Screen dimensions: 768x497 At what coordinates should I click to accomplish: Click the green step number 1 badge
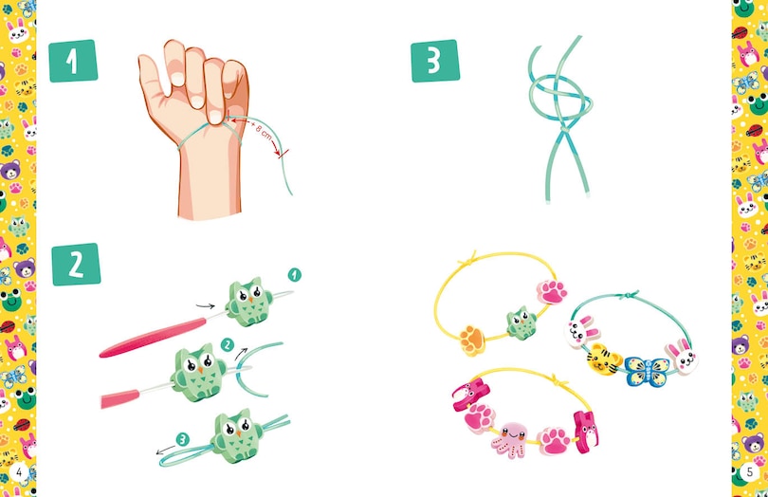pyautogui.click(x=73, y=61)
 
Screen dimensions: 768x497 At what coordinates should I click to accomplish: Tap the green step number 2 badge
pyautogui.click(x=76, y=265)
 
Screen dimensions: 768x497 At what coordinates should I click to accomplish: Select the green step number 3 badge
pyautogui.click(x=435, y=61)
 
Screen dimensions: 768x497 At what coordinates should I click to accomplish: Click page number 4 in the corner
pyautogui.click(x=19, y=472)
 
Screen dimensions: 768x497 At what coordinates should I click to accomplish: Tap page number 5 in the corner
pyautogui.click(x=749, y=472)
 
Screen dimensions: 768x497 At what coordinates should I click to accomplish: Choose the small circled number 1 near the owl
pyautogui.click(x=294, y=275)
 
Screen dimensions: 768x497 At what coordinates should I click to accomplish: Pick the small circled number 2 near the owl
pyautogui.click(x=227, y=345)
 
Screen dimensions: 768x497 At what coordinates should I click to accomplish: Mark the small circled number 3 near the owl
pyautogui.click(x=182, y=439)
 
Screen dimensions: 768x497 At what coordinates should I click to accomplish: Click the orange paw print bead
pyautogui.click(x=473, y=340)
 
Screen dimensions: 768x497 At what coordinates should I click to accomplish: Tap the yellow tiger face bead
pyautogui.click(x=604, y=359)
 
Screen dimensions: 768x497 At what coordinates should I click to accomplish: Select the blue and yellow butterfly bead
pyautogui.click(x=647, y=371)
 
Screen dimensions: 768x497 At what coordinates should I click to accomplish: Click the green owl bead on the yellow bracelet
pyautogui.click(x=521, y=322)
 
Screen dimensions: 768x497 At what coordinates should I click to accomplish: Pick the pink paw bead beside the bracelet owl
pyautogui.click(x=552, y=291)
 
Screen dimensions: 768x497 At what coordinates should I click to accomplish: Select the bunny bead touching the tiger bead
pyautogui.click(x=581, y=331)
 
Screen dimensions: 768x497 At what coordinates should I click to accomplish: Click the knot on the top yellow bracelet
pyautogui.click(x=471, y=258)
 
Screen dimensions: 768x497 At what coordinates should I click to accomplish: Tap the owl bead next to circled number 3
pyautogui.click(x=237, y=435)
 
